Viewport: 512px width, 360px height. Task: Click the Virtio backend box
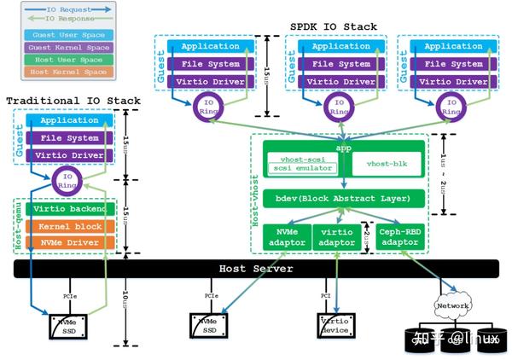[x=71, y=209]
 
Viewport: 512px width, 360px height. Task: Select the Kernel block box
[x=71, y=226]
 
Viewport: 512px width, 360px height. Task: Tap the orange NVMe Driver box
[x=71, y=242]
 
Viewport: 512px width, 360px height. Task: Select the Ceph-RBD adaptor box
[x=399, y=236]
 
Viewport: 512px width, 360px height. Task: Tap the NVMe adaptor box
[x=282, y=236]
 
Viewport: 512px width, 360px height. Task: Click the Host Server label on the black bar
[x=256, y=269]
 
